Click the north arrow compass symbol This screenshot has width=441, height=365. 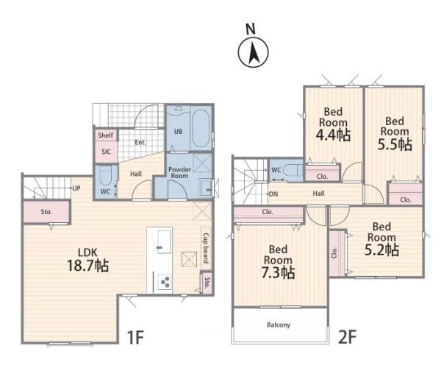point(253,52)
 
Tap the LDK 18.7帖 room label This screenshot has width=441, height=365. point(88,260)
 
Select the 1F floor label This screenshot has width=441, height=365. point(136,337)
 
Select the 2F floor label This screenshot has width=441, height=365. point(348,337)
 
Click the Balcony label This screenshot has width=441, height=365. point(279,325)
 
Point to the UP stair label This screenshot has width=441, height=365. point(76,188)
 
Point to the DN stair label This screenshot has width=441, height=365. point(273,194)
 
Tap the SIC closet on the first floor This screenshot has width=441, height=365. point(107,152)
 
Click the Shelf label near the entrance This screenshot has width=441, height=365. point(106,135)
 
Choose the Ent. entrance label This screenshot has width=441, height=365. point(140,143)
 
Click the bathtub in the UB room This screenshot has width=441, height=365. point(201,128)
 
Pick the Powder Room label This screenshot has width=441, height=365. point(179,172)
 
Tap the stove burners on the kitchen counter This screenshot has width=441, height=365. point(165,281)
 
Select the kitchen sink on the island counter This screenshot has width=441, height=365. point(164,242)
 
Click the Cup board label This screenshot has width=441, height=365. point(206,248)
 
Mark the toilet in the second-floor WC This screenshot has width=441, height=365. point(293,171)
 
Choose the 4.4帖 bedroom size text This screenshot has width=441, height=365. point(333,135)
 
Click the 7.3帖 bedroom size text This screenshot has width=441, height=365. point(279,272)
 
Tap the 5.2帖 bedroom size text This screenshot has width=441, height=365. point(381,249)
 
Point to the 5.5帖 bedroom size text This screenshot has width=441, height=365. point(395,144)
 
